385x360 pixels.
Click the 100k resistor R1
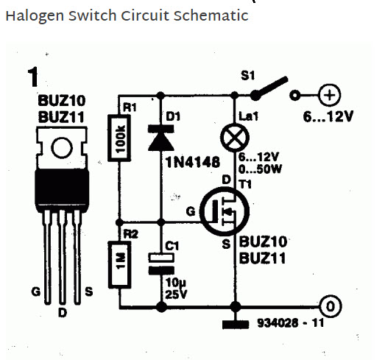[x=119, y=138]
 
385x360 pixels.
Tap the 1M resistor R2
[x=119, y=264]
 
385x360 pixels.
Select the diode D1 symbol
[x=161, y=138]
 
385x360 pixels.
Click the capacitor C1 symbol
[x=161, y=264]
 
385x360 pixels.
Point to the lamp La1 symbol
[x=235, y=138]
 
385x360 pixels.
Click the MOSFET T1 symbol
[x=225, y=211]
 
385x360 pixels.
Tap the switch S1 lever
[x=269, y=88]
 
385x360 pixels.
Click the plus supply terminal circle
[x=330, y=95]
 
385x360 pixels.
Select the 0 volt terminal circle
[x=331, y=306]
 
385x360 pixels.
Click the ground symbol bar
[x=236, y=324]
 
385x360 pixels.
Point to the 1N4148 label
[x=193, y=162]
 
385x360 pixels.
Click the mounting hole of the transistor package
[x=62, y=148]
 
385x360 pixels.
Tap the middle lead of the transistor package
[x=63, y=257]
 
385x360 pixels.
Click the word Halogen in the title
[x=35, y=16]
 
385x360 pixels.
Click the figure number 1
[x=33, y=77]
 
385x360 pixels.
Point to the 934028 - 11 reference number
[x=291, y=323]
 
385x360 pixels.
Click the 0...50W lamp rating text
[x=260, y=169]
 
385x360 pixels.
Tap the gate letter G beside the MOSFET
[x=191, y=211]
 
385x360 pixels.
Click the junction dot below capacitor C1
[x=161, y=307]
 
